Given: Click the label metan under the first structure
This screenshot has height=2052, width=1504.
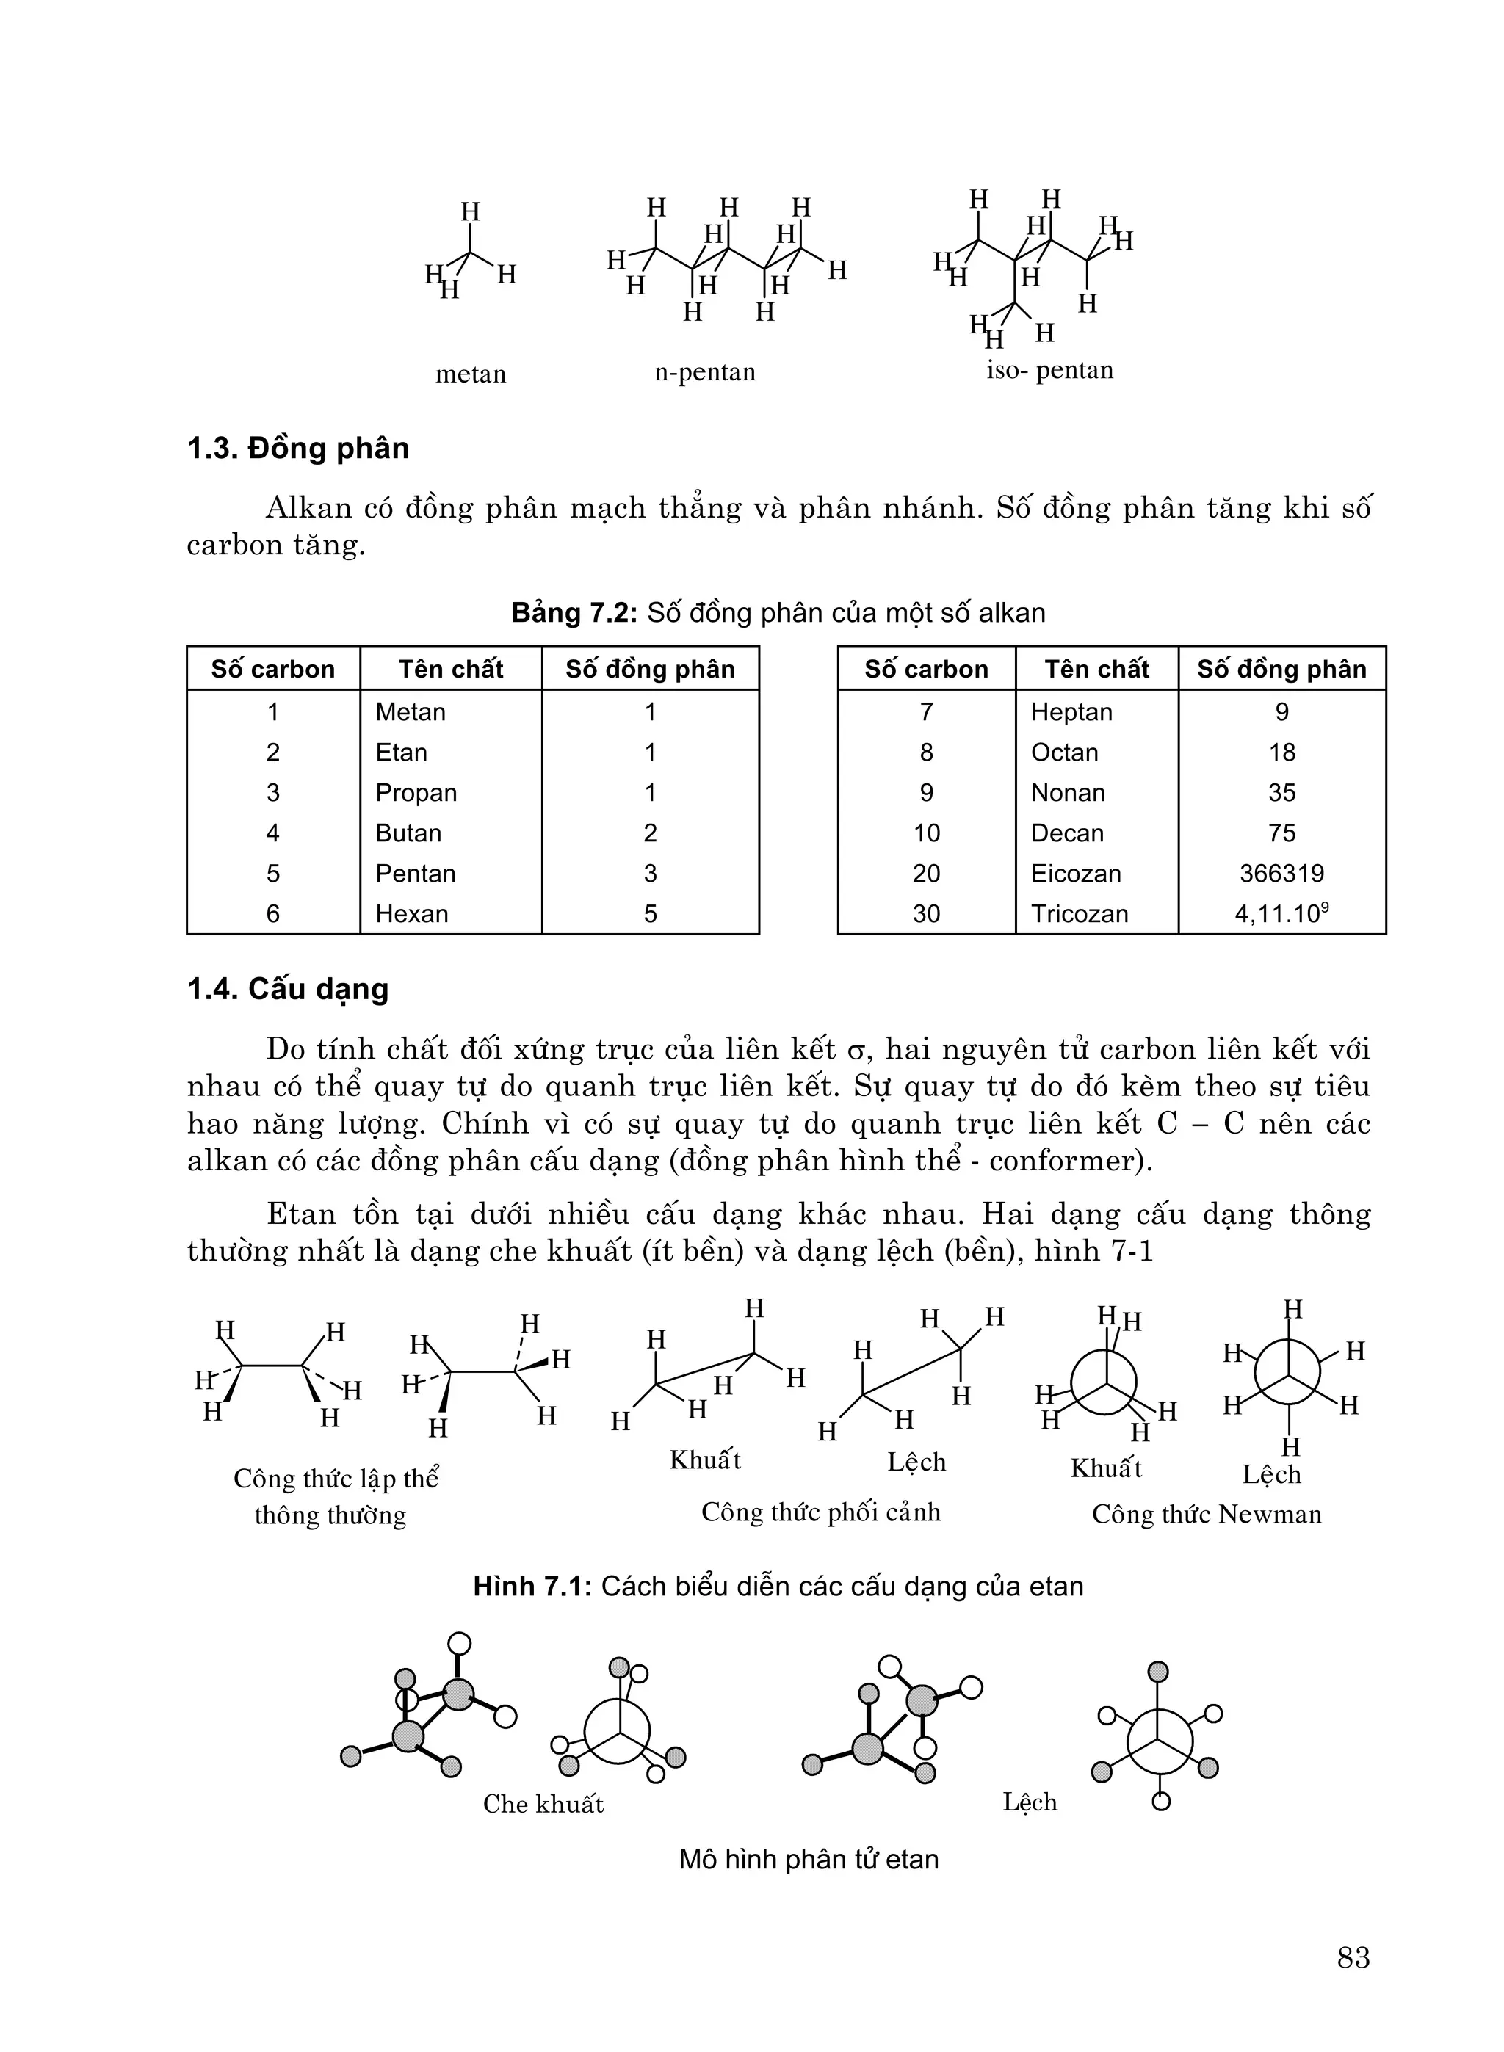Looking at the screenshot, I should click(x=470, y=374).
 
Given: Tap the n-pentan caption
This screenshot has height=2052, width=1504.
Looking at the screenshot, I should click(x=705, y=372).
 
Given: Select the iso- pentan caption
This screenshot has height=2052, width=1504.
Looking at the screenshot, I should click(x=1049, y=370).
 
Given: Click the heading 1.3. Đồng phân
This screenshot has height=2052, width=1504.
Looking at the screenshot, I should click(x=297, y=449).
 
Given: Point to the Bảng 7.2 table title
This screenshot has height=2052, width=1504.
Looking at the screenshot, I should click(x=778, y=612).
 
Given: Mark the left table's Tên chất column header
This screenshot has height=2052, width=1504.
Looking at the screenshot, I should click(x=451, y=669).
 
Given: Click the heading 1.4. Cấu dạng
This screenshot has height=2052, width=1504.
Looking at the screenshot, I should click(x=288, y=989).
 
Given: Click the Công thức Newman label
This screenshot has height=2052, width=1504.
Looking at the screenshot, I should click(x=1207, y=1514).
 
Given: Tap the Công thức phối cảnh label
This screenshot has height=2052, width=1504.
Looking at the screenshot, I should click(x=820, y=1512).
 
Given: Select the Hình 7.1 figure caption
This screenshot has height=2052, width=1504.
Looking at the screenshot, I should click(x=778, y=1586).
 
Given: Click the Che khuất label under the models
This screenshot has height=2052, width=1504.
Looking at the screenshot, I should click(x=543, y=1804).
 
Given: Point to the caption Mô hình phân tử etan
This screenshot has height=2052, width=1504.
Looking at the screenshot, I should click(x=809, y=1859).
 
